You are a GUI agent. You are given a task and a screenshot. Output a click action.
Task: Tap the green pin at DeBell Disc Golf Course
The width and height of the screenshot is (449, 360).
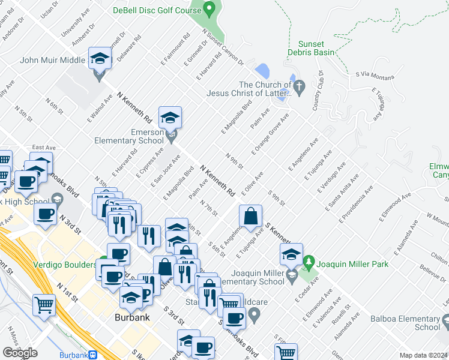[209, 10]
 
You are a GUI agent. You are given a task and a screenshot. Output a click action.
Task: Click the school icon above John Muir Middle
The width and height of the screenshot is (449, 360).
[100, 59]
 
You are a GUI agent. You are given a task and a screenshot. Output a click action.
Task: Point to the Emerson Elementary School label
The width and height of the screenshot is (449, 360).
[130, 136]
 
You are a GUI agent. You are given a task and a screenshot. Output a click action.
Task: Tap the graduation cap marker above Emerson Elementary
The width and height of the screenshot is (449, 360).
[170, 118]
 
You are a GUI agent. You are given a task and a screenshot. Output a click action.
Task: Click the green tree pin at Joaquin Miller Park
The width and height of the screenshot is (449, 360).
[309, 263]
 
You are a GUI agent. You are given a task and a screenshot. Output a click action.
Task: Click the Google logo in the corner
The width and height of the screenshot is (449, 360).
[20, 353]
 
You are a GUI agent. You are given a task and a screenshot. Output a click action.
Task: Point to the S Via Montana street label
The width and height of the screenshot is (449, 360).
[375, 76]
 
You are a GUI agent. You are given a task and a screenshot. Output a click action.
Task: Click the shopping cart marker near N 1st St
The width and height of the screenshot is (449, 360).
[44, 305]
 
